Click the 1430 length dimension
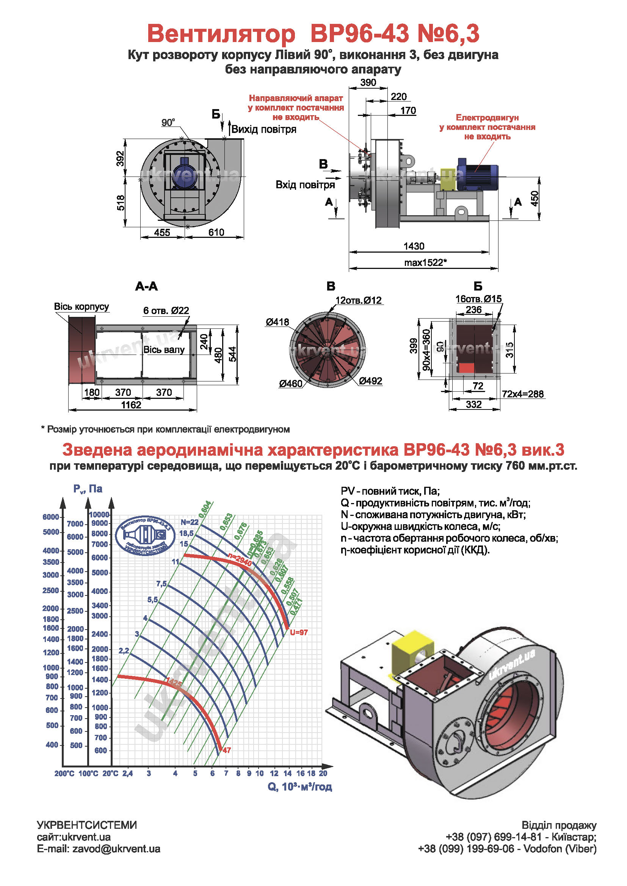point(414,246)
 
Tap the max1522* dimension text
point(425,263)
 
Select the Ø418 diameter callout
point(277,322)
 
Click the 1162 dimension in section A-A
point(131,405)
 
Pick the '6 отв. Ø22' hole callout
point(166,311)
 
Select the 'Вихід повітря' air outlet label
point(264,129)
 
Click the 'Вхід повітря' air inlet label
point(305,185)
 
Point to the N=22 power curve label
point(189,522)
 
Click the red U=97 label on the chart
point(299,633)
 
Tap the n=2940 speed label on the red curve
point(240,559)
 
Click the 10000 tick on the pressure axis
point(99,514)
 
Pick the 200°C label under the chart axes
point(64,773)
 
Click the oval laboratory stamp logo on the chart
point(146,535)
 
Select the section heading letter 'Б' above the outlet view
point(478,286)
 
